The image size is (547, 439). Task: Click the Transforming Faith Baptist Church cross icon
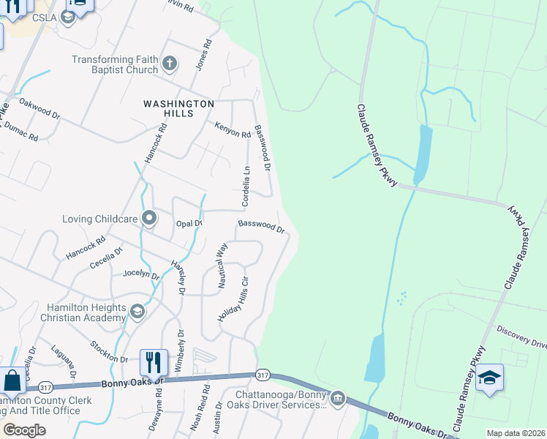click(x=170, y=64)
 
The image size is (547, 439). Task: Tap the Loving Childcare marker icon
click(x=149, y=218)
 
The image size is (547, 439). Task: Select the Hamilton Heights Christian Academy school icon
click(x=136, y=312)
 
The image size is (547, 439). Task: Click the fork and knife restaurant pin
click(x=153, y=361)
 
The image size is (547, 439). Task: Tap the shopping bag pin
click(x=12, y=381)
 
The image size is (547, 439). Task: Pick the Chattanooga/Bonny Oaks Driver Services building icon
click(x=337, y=399)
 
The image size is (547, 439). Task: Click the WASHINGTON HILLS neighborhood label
click(x=178, y=104)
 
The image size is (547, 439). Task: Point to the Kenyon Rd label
click(x=233, y=130)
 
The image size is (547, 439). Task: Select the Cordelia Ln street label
click(x=246, y=186)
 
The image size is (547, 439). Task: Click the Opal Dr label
click(x=189, y=223)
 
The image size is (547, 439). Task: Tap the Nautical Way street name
click(x=222, y=267)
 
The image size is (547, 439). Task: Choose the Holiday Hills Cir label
click(x=233, y=299)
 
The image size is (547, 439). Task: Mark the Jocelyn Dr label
click(x=141, y=274)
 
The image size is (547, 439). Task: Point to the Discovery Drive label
click(x=521, y=337)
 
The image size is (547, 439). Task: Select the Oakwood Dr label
click(x=39, y=108)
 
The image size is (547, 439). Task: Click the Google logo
click(x=24, y=430)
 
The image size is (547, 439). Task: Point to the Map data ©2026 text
click(x=515, y=433)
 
